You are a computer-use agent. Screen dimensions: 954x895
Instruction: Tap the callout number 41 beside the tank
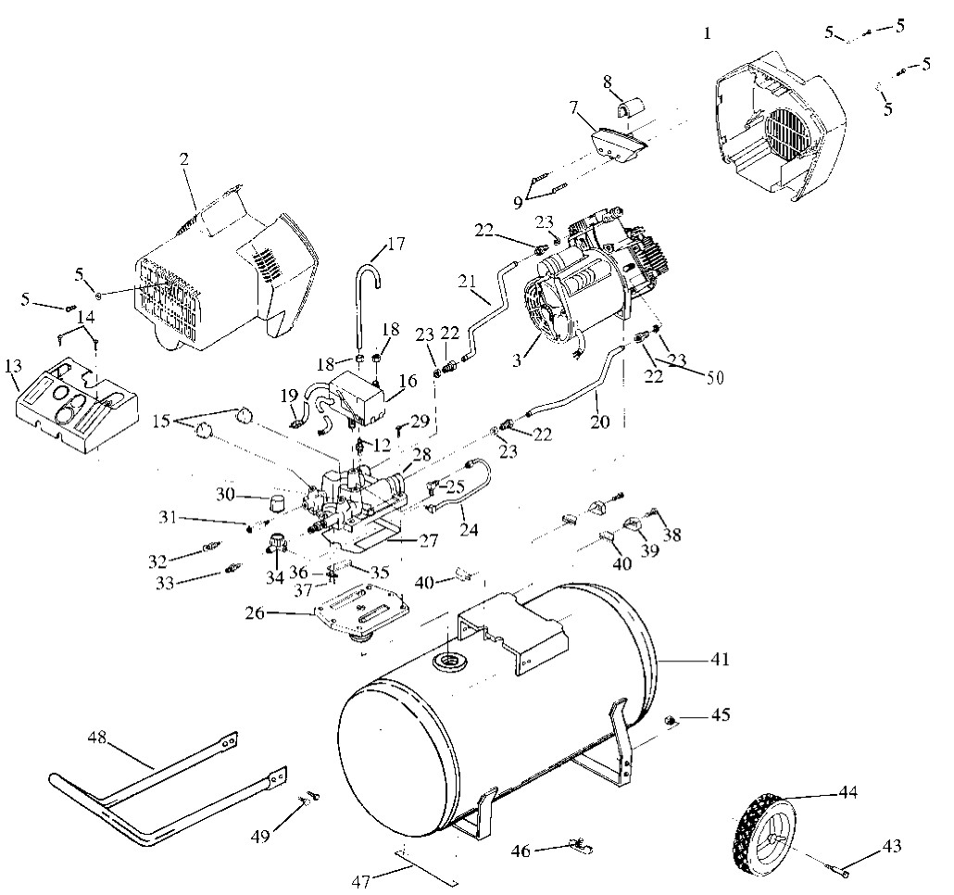719,659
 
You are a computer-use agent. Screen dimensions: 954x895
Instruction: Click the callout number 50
715,378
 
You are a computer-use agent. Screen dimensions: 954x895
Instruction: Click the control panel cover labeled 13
75,407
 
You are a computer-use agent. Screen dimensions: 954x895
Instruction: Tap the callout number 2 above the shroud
183,159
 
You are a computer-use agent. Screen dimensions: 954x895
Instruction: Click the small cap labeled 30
278,504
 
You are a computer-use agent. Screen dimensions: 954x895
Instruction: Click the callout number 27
428,540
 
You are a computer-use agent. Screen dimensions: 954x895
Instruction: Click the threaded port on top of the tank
450,661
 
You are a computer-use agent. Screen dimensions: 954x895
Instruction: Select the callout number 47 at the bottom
361,881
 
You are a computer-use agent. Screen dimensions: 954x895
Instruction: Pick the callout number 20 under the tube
600,422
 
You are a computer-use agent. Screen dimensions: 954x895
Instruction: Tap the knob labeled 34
277,540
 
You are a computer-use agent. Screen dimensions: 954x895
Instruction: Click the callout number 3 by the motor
517,360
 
